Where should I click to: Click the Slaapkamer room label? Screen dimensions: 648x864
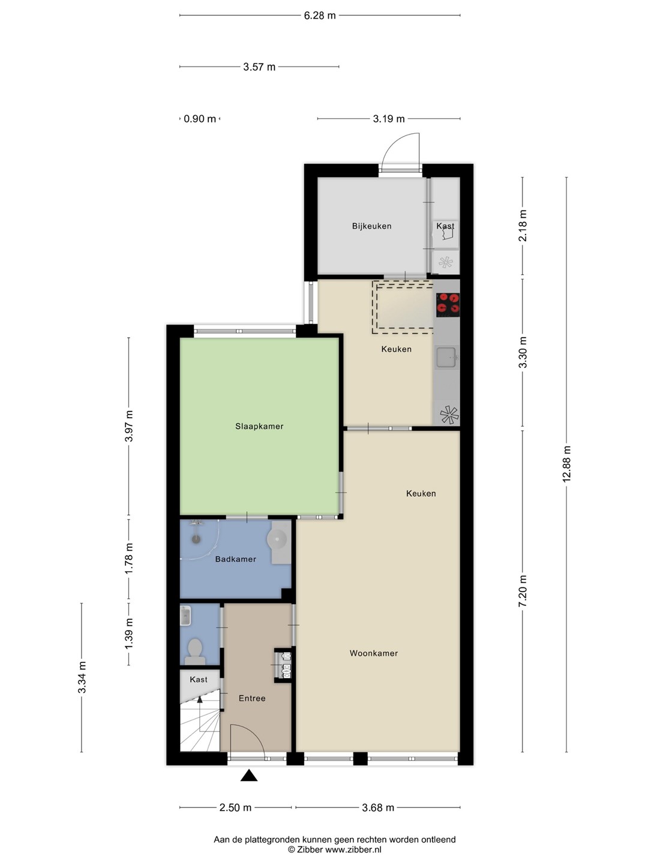point(259,426)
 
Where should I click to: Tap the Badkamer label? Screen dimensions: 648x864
point(235,559)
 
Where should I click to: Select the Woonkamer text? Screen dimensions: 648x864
point(373,653)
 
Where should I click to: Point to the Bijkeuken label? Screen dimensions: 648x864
point(371,226)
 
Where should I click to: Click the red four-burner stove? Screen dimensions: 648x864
point(448,305)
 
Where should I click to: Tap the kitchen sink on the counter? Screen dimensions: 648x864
point(446,358)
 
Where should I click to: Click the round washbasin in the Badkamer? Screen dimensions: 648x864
point(279,537)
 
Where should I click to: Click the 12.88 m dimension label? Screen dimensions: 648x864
point(566,464)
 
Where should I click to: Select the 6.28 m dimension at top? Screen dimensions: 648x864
point(319,16)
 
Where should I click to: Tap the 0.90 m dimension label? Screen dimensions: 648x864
point(200,118)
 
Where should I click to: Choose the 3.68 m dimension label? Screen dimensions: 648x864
point(378,808)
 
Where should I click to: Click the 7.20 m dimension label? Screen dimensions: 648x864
point(523,590)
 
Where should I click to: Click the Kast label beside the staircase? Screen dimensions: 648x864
point(198,679)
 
